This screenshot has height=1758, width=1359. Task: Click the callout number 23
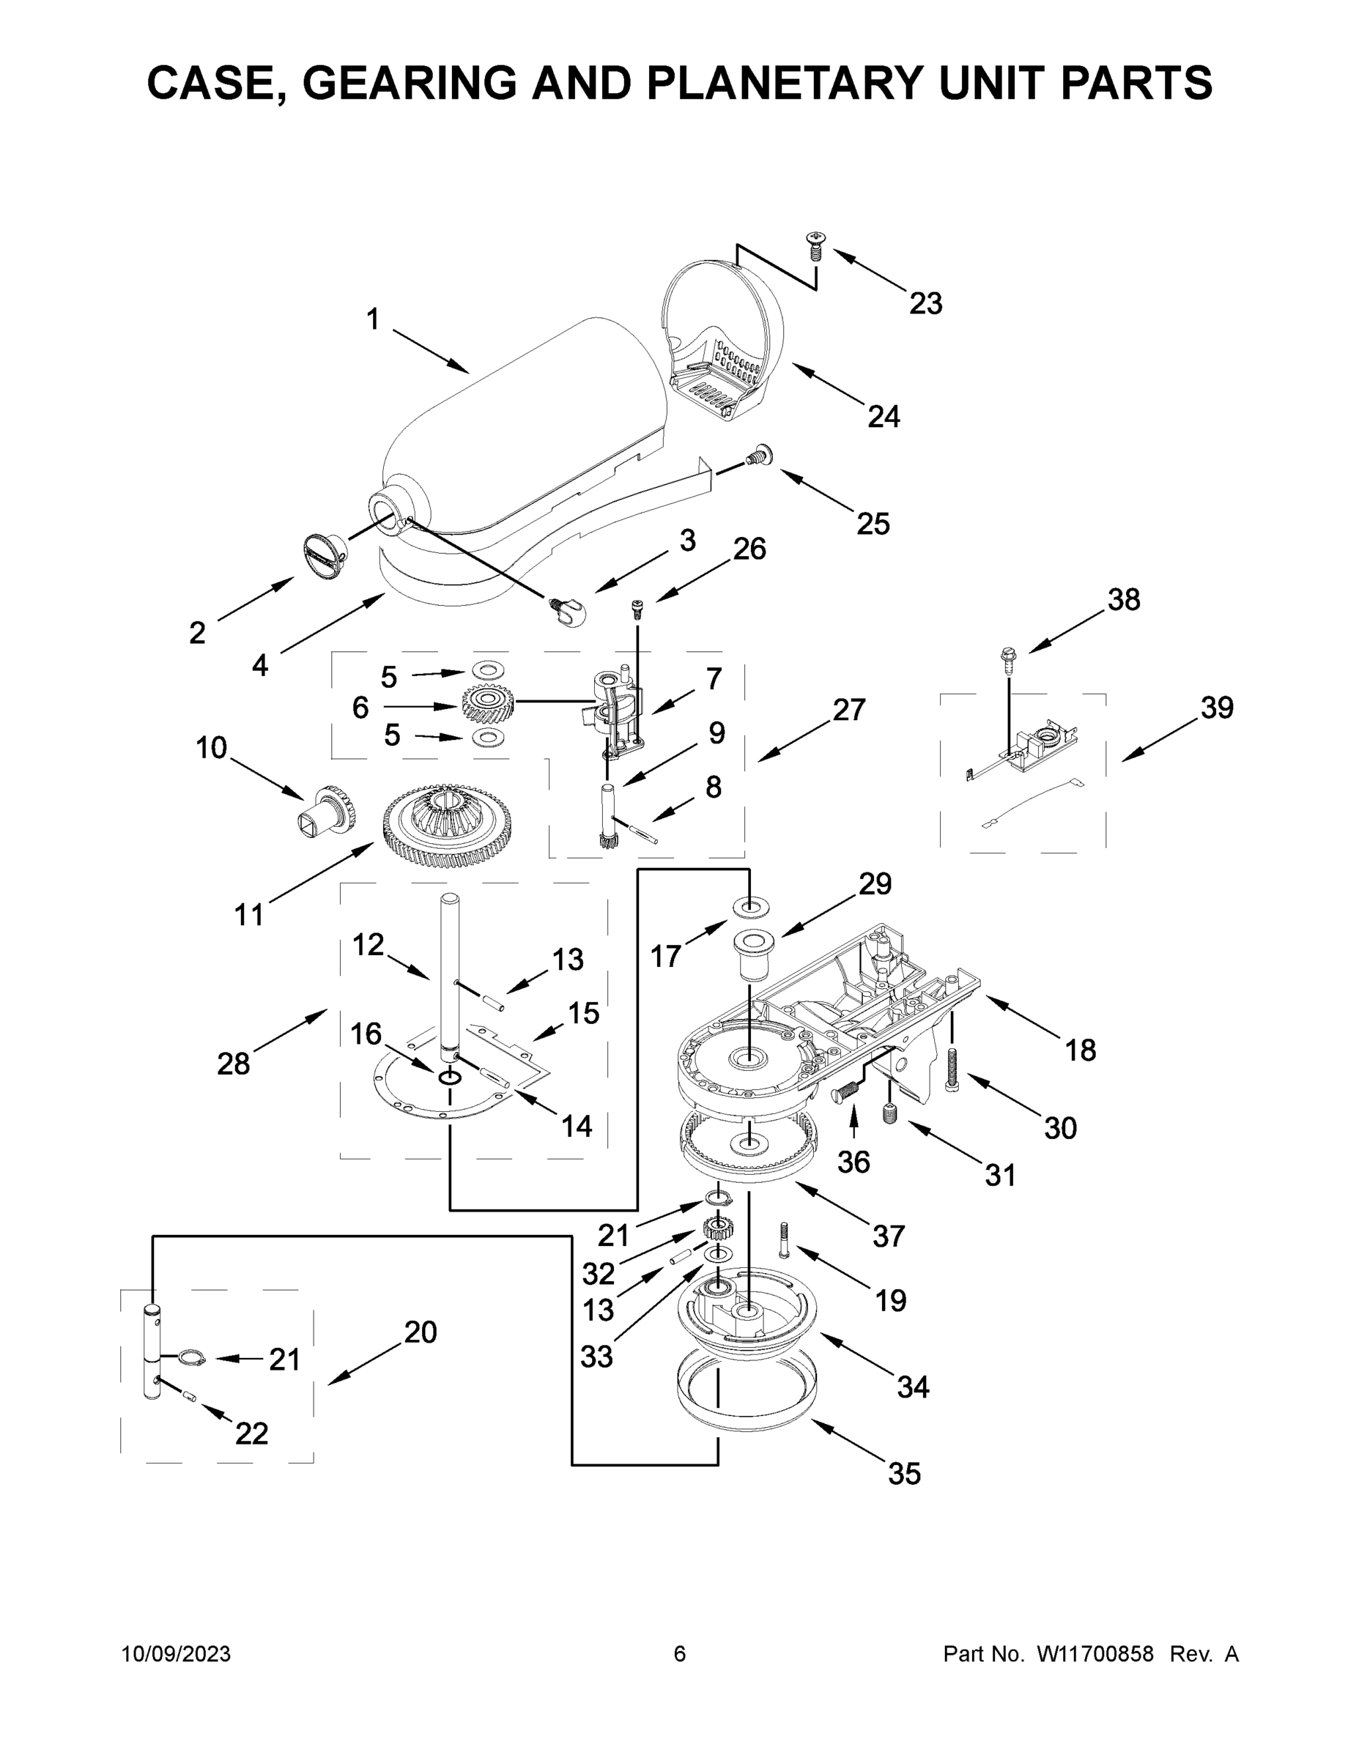coord(925,304)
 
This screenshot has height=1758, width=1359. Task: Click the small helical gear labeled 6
coord(488,705)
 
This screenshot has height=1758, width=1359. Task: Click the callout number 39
coord(1216,708)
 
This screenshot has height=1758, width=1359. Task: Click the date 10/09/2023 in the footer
coord(177,1653)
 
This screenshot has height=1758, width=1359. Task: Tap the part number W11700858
coord(1095,1653)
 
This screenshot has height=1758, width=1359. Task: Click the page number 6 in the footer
coord(680,1653)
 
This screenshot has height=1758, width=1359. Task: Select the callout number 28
coord(234,1064)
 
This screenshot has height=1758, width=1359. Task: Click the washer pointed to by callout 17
coord(749,907)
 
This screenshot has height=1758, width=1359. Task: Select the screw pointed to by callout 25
coord(758,456)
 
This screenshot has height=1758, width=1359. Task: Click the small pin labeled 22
coord(190,1395)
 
